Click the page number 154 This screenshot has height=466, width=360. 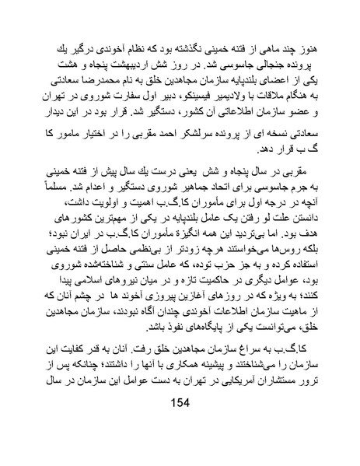179,426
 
